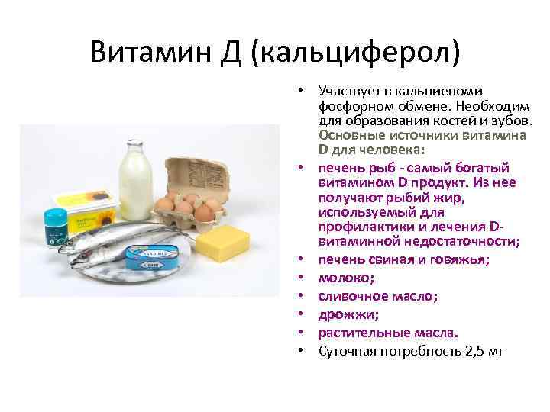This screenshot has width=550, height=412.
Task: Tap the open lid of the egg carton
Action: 194,172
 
